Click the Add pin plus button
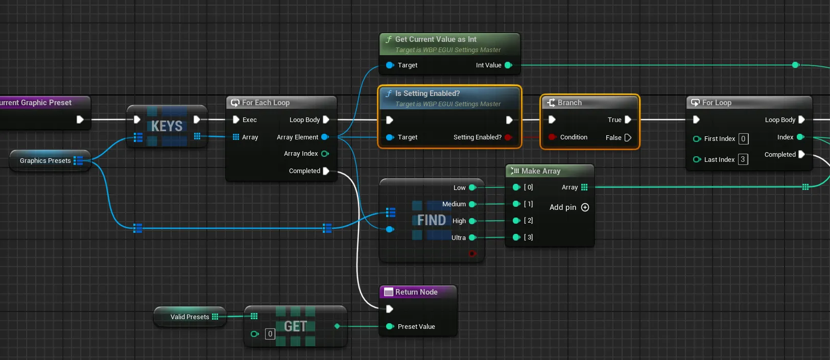coord(585,207)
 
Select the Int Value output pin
coord(508,65)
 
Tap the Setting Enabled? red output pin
coord(508,137)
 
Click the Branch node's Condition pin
coord(552,137)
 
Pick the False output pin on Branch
coord(628,138)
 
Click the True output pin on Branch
coord(628,119)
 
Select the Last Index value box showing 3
coord(743,160)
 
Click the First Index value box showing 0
coord(743,139)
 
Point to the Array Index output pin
coord(325,154)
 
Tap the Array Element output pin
coord(325,137)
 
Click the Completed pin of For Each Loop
coord(326,171)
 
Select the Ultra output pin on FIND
coord(472,238)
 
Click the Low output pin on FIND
coord(472,187)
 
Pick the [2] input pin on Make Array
coord(516,221)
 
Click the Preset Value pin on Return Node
coord(389,326)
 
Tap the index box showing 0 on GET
coord(270,334)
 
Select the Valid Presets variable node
coord(189,317)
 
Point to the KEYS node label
coord(167,126)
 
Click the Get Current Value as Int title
coord(436,39)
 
